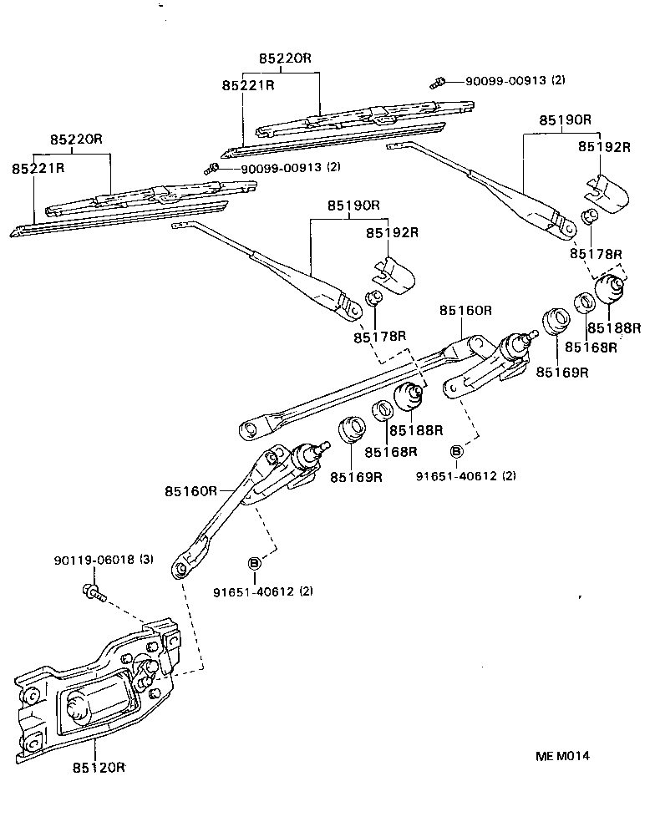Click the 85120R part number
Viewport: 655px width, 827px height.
click(99, 766)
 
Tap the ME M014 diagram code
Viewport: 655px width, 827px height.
click(563, 755)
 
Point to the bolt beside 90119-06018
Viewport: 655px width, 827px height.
click(91, 594)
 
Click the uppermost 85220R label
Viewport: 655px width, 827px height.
click(284, 58)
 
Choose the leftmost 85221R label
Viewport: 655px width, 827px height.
click(38, 169)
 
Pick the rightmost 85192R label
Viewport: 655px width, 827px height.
click(603, 147)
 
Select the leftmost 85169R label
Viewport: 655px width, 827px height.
click(356, 477)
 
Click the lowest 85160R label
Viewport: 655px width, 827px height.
click(191, 490)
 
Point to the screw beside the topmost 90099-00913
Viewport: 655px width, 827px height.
click(436, 82)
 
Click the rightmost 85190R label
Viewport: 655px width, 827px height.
click(564, 119)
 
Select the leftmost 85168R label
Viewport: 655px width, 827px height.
click(389, 452)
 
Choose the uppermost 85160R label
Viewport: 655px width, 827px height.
click(466, 311)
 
